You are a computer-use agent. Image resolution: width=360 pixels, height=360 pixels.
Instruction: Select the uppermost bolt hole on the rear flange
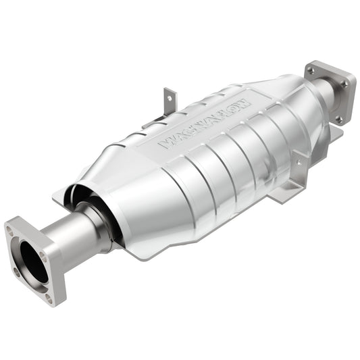point(312,68)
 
